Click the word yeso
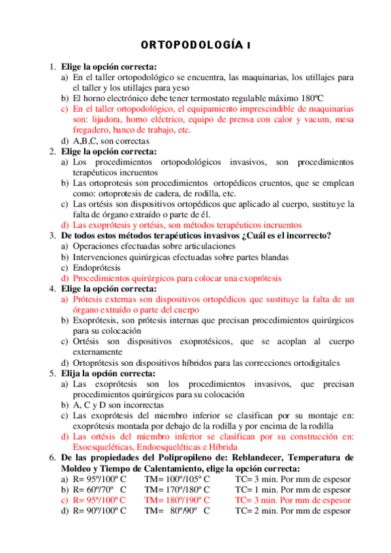(180, 87)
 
